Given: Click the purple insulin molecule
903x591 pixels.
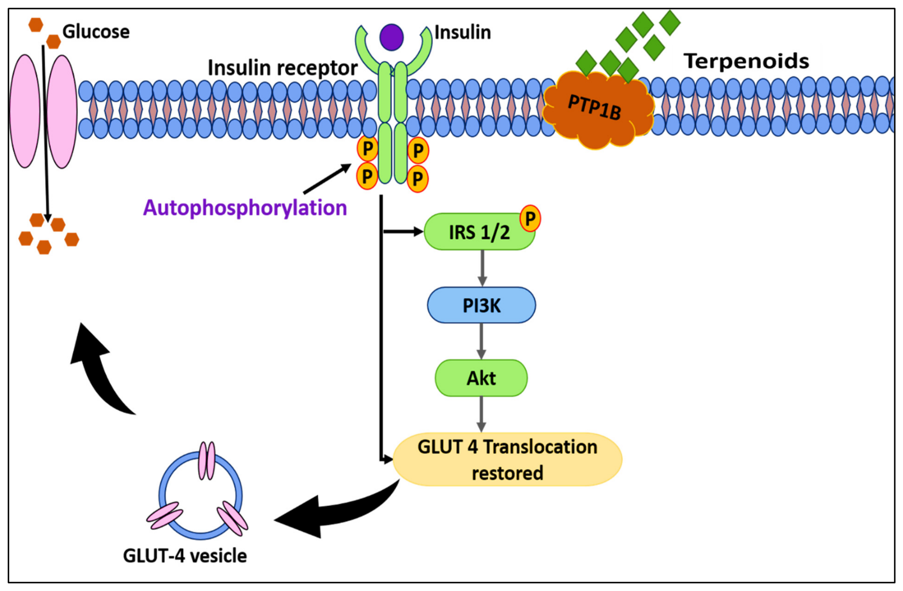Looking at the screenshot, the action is click(391, 37).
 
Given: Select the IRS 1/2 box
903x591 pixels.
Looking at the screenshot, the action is click(479, 232).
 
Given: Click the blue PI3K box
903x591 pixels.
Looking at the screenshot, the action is click(481, 305).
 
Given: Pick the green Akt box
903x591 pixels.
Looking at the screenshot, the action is click(481, 378).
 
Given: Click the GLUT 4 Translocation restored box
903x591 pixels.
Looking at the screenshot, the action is click(507, 459).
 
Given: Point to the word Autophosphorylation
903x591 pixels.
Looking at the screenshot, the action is click(245, 208).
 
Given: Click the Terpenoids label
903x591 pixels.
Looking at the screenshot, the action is click(746, 61).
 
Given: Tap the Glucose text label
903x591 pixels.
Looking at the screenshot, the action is click(96, 32).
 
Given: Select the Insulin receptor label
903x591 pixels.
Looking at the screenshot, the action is click(282, 67).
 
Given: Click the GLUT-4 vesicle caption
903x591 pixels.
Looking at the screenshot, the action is click(185, 556).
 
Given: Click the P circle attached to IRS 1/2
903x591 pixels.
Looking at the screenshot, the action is click(530, 219).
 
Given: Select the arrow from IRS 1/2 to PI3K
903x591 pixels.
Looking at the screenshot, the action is click(482, 268).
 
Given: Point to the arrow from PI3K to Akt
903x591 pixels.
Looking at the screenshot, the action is click(481, 341).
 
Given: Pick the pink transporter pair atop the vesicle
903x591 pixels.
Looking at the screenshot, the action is click(207, 461).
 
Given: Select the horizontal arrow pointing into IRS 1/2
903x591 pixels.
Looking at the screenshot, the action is click(403, 231).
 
